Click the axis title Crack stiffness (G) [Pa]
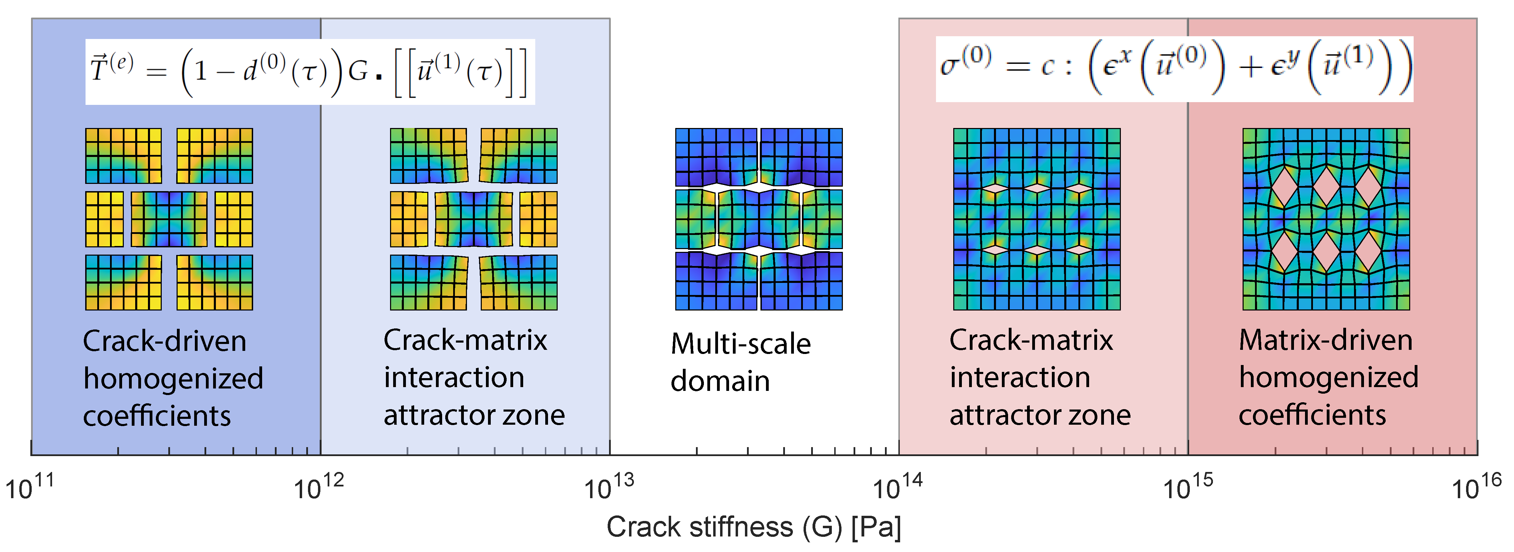[x=754, y=527]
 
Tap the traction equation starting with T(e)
[x=310, y=72]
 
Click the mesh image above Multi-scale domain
[x=758, y=219]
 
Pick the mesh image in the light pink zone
[x=1036, y=219]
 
